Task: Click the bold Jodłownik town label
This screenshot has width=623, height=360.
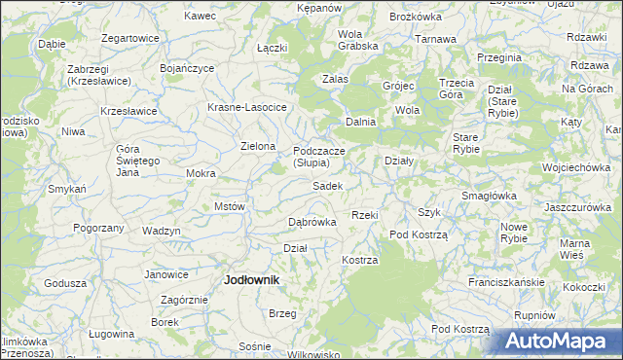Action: tap(252, 279)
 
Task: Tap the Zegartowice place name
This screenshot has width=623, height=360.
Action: tap(129, 38)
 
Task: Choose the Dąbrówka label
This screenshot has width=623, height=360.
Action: tap(312, 222)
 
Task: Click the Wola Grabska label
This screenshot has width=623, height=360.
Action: tap(356, 40)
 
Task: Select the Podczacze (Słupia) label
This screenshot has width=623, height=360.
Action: tap(318, 158)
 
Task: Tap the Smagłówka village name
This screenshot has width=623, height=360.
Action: tap(489, 195)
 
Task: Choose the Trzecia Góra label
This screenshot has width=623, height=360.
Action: tap(457, 89)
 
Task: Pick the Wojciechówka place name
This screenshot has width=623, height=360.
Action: tap(576, 167)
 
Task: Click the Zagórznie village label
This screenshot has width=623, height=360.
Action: tap(183, 301)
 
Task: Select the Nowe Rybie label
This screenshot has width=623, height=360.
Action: tap(513, 232)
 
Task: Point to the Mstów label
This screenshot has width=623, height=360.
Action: tap(229, 207)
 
